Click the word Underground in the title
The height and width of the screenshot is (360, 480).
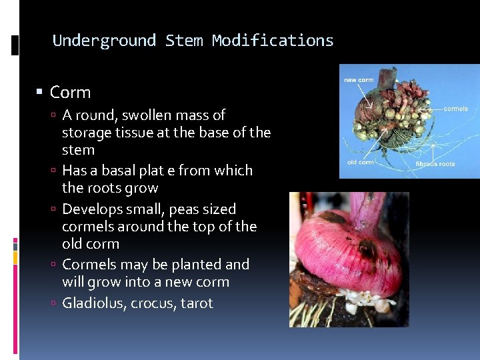104,41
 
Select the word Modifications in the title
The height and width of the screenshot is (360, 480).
273,41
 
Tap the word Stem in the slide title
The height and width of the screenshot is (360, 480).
184,41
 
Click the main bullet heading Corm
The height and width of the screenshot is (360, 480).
70,93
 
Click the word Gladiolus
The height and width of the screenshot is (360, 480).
93,303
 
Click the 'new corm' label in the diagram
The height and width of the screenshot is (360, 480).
359,81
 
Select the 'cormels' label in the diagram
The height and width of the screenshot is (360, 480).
455,108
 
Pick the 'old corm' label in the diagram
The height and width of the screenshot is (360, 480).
360,162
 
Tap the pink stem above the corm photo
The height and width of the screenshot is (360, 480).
365,207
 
